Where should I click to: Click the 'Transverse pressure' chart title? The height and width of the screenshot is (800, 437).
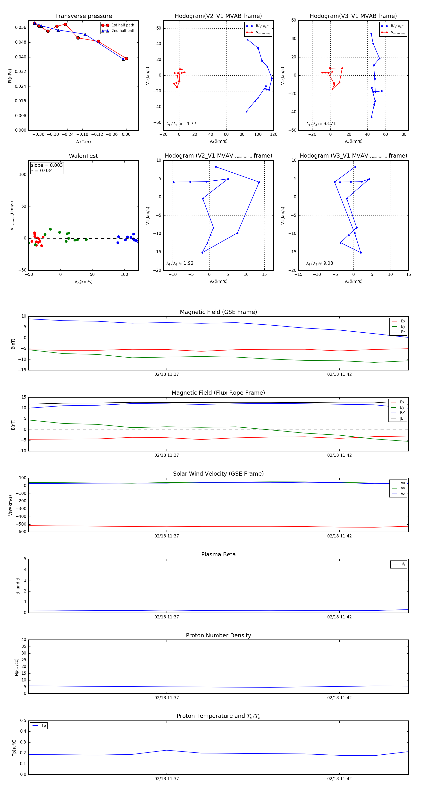[x=83, y=16]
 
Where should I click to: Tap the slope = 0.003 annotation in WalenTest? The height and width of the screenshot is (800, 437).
[x=47, y=165]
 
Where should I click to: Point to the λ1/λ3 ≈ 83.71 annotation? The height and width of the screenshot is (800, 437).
[x=321, y=124]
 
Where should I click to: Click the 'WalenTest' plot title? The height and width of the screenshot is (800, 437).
[x=83, y=156]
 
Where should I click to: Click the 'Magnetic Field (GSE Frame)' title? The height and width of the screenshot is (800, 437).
[x=218, y=312]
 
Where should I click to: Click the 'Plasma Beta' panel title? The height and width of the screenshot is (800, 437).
[x=218, y=555]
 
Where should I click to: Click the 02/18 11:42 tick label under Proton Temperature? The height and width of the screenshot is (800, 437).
[x=339, y=779]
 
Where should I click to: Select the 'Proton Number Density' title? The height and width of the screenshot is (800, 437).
[x=218, y=635]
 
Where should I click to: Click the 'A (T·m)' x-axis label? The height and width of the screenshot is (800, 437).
[x=83, y=142]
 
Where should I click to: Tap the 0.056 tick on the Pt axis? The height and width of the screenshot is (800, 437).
[x=21, y=28]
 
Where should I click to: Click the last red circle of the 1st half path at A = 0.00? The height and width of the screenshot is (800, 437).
[x=126, y=58]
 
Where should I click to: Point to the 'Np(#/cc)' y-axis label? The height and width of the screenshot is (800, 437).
[x=17, y=667]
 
